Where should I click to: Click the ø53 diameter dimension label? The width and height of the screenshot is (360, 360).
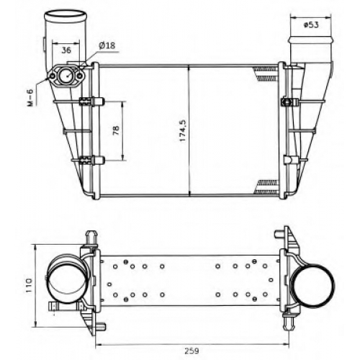pyautogui.click(x=311, y=24)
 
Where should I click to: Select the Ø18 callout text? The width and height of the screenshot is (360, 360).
pyautogui.click(x=107, y=45)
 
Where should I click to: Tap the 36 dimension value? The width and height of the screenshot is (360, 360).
pyautogui.click(x=66, y=50)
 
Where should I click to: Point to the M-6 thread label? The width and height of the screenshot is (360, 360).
pyautogui.click(x=31, y=97)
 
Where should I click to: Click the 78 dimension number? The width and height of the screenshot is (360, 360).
pyautogui.click(x=116, y=130)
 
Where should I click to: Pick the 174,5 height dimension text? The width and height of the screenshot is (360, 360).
pyautogui.click(x=183, y=130)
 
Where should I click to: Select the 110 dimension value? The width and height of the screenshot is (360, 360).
pyautogui.click(x=29, y=285)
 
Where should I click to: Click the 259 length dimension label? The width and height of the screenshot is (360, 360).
pyautogui.click(x=192, y=351)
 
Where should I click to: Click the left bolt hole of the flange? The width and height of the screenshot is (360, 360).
pyautogui.click(x=53, y=76)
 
